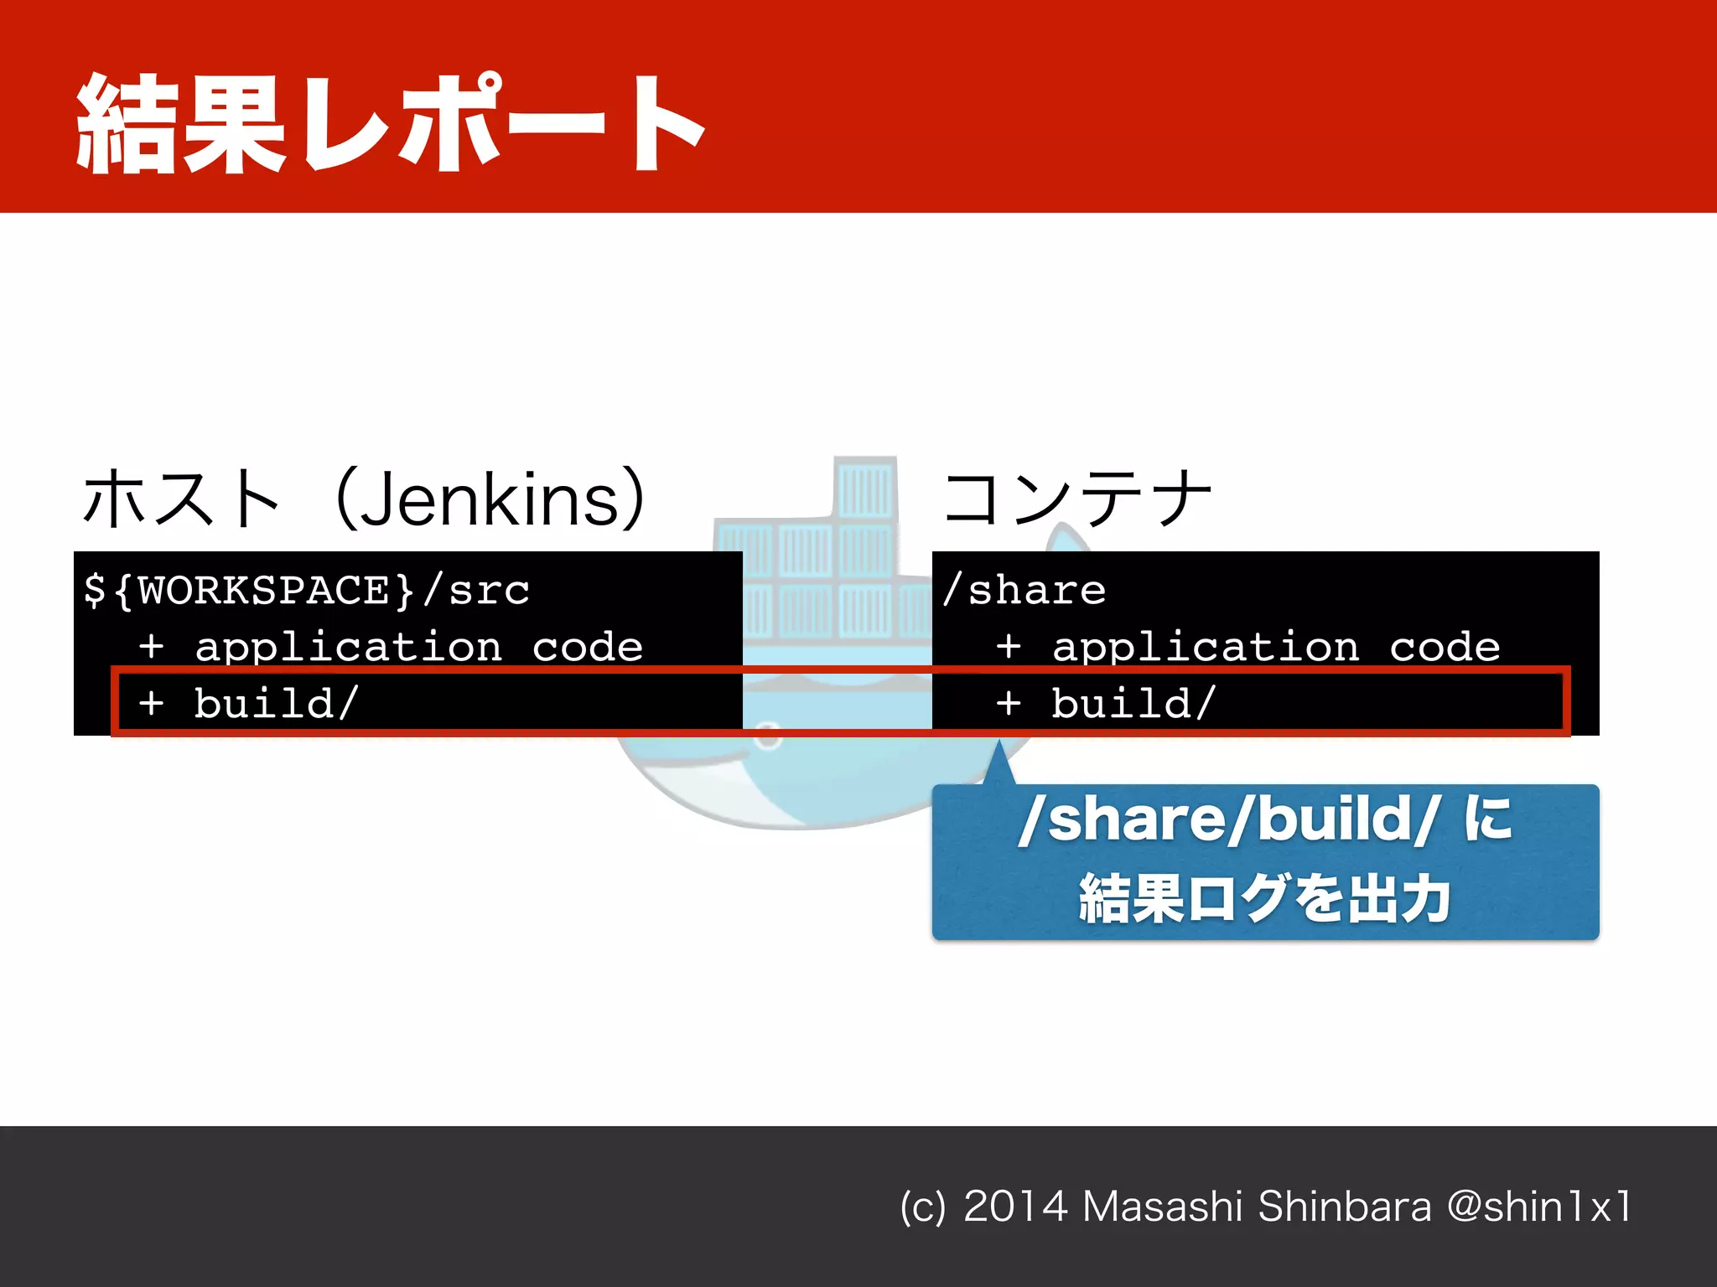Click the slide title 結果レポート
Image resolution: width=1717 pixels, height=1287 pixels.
coord(390,123)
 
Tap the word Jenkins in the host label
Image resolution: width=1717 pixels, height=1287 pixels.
coord(490,499)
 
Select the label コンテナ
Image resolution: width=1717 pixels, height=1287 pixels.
coord(1077,498)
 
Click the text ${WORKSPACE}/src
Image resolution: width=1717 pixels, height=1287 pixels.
coord(307,590)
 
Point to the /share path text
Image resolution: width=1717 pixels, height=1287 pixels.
coord(1024,590)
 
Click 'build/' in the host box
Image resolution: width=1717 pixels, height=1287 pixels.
coord(276,702)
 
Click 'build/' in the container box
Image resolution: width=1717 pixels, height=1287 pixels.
coord(1133,702)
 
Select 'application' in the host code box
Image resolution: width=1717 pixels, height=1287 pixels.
coord(348,647)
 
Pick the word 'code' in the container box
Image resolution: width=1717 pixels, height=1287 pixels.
coord(1445,647)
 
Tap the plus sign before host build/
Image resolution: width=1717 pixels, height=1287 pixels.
coord(152,702)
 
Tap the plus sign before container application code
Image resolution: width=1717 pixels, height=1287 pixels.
coord(1009,647)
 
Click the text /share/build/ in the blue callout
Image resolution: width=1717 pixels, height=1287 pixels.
coord(1229,819)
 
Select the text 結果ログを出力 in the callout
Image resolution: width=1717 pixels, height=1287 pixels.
coord(1264,898)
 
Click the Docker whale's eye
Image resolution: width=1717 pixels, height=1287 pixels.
coord(767,734)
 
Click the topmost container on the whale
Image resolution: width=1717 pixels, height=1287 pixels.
coord(865,488)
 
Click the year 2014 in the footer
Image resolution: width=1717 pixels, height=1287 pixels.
coord(1014,1207)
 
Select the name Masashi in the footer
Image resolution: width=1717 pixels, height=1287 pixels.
coord(1162,1207)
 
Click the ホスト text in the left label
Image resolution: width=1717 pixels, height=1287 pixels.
coord(180,499)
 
